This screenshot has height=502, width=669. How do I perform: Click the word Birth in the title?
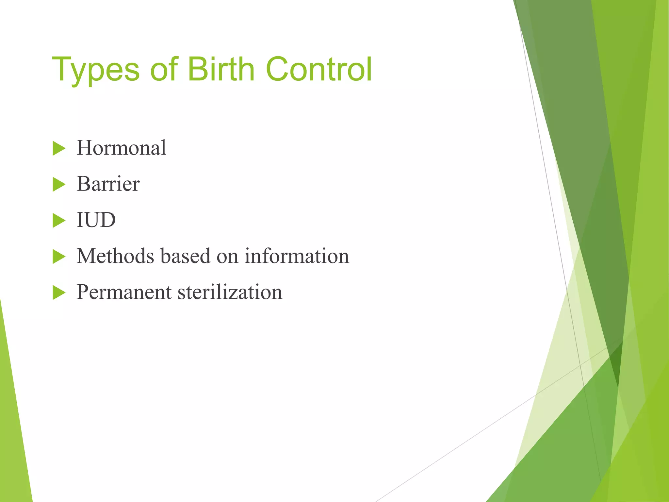[221, 69]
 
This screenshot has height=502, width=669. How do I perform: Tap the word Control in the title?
[319, 69]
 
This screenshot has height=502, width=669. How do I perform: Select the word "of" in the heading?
[164, 69]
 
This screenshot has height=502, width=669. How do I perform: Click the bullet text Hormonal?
[121, 148]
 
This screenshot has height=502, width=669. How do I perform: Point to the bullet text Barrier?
[108, 184]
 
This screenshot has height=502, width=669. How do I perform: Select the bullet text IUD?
[96, 220]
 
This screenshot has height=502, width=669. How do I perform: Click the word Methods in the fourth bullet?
[115, 256]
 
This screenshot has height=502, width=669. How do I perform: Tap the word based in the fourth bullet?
[185, 256]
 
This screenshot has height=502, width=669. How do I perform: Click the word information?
[297, 256]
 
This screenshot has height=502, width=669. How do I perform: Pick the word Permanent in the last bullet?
[124, 292]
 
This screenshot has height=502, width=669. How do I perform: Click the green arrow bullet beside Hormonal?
[59, 149]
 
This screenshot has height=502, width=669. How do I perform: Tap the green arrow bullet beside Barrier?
[59, 185]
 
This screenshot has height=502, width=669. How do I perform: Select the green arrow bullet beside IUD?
[59, 221]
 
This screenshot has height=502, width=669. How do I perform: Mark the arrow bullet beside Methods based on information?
[59, 257]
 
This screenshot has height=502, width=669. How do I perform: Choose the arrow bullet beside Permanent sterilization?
[59, 293]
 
